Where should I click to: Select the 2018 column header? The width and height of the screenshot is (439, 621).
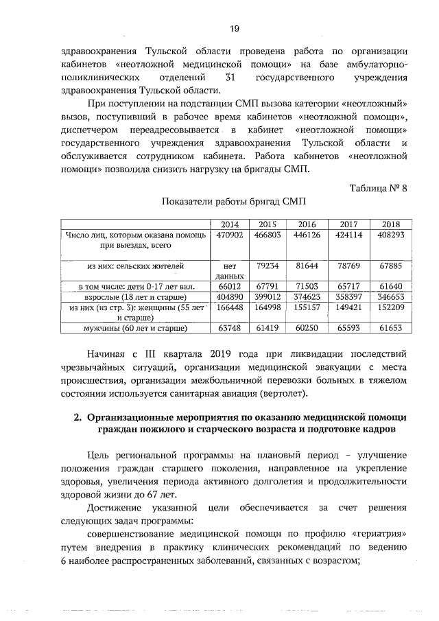(390, 224)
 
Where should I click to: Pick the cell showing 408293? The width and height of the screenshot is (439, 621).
(390, 235)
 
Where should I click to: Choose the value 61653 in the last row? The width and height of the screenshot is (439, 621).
(390, 329)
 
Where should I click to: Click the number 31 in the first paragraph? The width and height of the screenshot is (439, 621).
(230, 78)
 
